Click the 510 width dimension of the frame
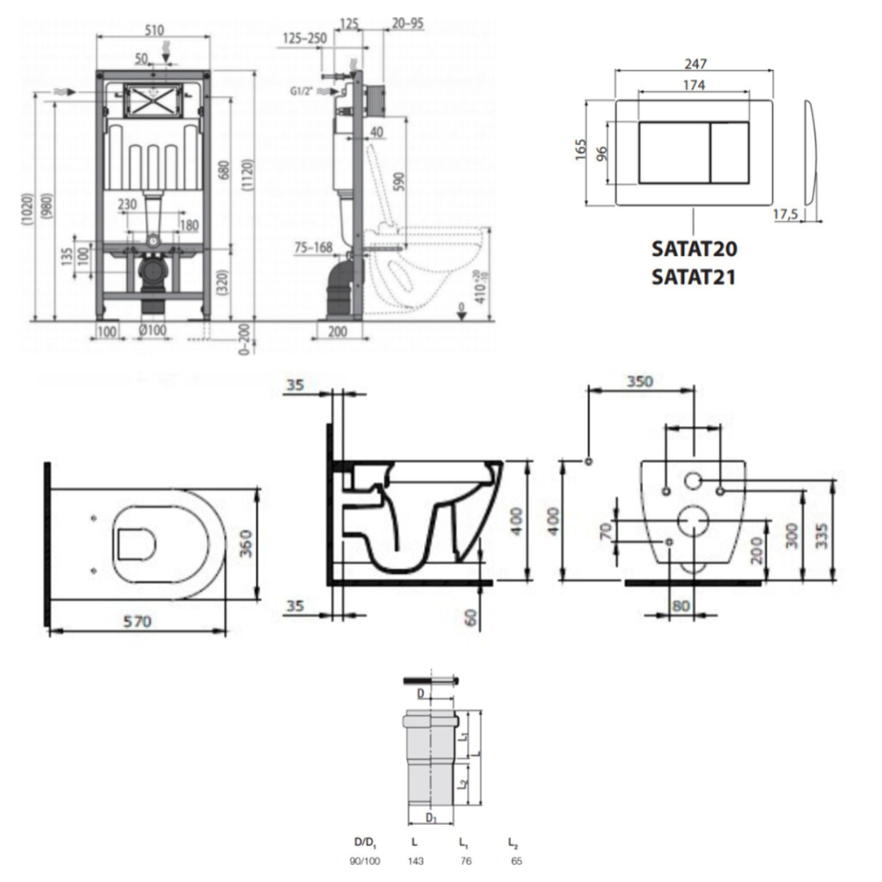(153, 30)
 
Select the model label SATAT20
(693, 249)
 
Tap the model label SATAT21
(693, 276)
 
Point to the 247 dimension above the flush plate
(695, 64)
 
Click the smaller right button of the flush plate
(729, 153)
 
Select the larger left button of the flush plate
(674, 153)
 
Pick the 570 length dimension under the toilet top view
(137, 621)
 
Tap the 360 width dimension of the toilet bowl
(245, 543)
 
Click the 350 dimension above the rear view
(640, 381)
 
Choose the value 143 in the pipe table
(415, 861)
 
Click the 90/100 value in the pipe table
(365, 861)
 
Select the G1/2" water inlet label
(302, 91)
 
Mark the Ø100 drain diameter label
(152, 331)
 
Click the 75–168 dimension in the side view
(313, 247)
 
